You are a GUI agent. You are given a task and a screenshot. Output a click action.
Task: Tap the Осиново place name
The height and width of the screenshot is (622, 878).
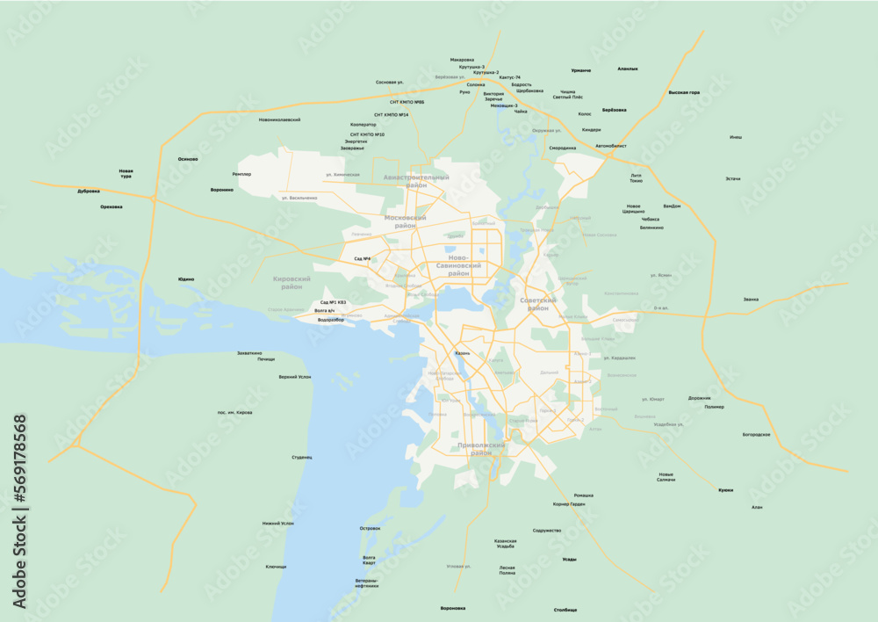click(x=188, y=159)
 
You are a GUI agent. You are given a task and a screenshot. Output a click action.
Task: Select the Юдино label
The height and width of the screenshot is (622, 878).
click(x=186, y=279)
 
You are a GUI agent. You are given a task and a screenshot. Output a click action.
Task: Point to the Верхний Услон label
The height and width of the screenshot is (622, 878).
click(x=294, y=377)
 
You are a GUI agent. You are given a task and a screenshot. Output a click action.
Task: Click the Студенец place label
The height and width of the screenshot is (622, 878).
click(x=302, y=457)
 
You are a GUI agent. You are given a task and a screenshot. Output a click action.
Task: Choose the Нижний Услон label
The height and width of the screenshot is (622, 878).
click(x=277, y=523)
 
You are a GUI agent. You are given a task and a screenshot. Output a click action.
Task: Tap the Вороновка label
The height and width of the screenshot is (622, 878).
click(x=453, y=608)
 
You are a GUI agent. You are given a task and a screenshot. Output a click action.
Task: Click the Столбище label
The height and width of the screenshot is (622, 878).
click(x=565, y=609)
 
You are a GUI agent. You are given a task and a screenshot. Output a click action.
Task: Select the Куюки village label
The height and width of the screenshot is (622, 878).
click(x=725, y=490)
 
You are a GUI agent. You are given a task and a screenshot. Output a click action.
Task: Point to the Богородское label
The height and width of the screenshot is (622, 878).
click(x=756, y=434)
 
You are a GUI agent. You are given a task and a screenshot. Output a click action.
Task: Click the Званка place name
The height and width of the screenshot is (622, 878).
click(x=751, y=300)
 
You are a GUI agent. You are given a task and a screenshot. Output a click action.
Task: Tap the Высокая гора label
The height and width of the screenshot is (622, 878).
click(x=684, y=92)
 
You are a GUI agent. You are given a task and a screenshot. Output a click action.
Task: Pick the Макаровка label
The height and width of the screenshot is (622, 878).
click(x=462, y=60)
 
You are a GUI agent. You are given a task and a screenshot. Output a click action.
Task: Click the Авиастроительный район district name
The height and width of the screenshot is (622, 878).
click(x=416, y=181)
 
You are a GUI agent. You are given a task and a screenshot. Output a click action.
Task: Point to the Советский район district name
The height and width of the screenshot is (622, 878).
click(x=538, y=304)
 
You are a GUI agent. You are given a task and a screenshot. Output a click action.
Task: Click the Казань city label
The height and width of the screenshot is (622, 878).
click(x=463, y=353)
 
